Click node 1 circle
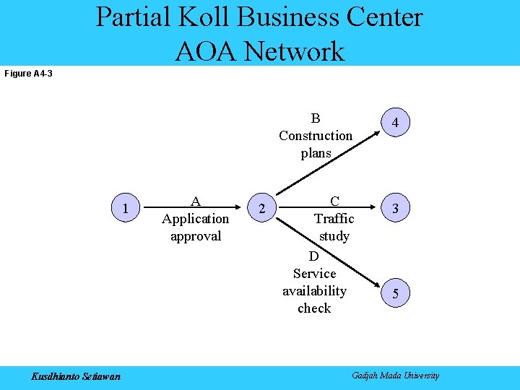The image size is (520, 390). click(x=126, y=209)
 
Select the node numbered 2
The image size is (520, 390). click(x=261, y=209)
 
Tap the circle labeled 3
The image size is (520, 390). click(x=395, y=209)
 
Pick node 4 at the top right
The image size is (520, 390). click(x=395, y=123)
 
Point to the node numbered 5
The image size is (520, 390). click(x=395, y=293)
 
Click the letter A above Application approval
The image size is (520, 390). click(x=195, y=201)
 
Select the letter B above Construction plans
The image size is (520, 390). click(x=316, y=118)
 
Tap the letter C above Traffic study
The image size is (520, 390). click(x=334, y=201)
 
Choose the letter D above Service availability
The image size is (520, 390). click(x=313, y=256)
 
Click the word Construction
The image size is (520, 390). click(x=316, y=136)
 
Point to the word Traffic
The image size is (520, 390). click(x=334, y=219)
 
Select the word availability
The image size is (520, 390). click(x=314, y=291)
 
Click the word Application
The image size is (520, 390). click(x=195, y=219)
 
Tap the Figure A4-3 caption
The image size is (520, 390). click(x=28, y=74)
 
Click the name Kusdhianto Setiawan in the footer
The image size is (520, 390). click(x=76, y=376)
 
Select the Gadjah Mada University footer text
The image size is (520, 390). click(x=395, y=376)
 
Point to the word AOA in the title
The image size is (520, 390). click(x=206, y=51)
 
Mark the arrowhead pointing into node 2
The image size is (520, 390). click(x=244, y=209)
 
